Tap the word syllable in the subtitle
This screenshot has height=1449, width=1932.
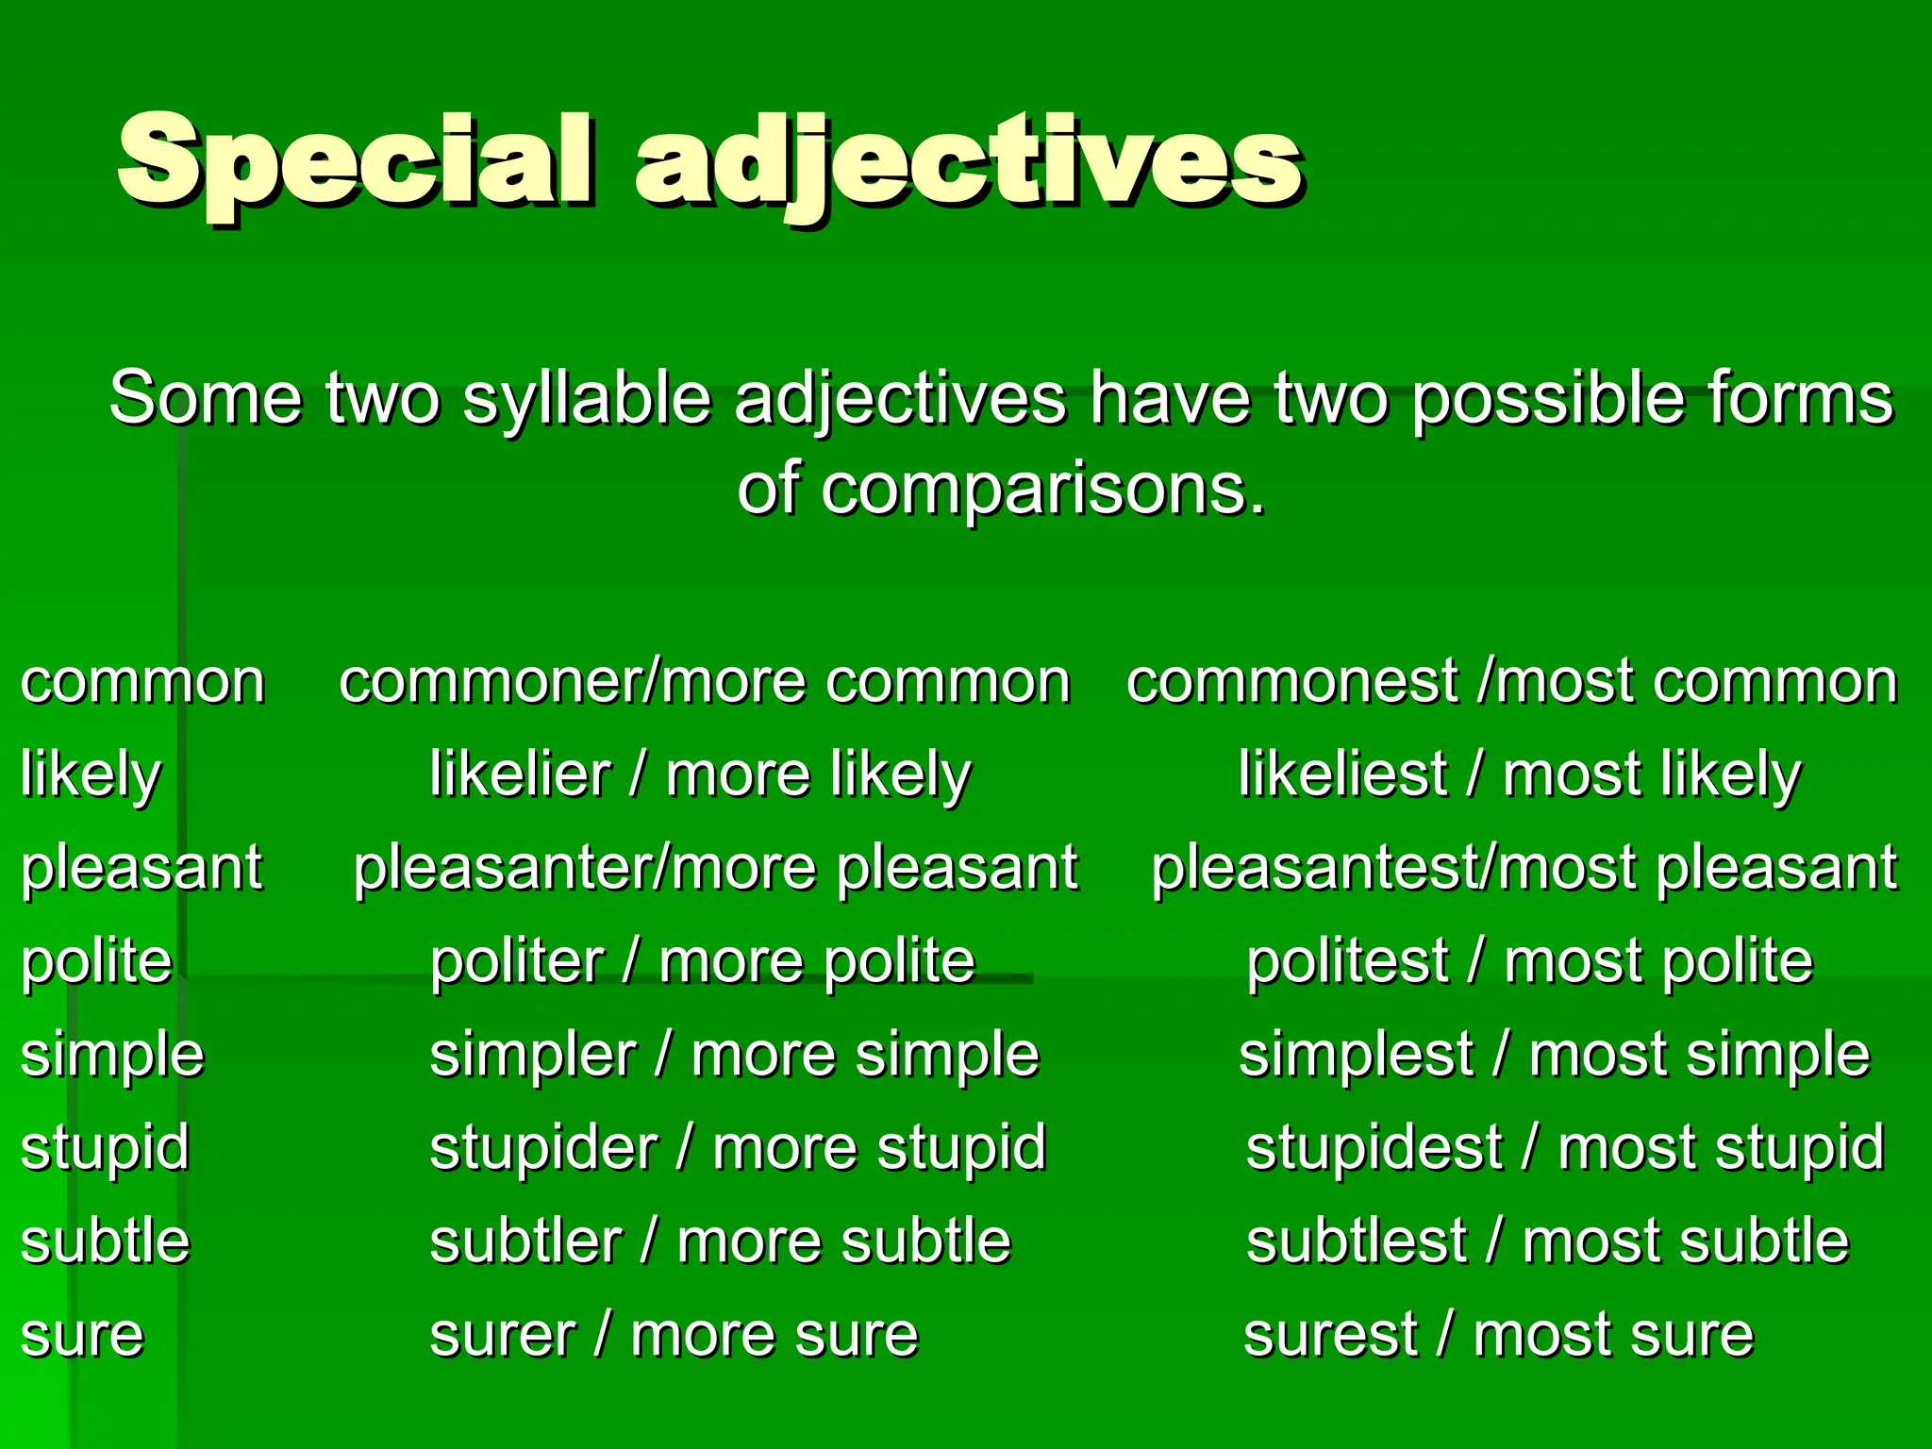pos(586,399)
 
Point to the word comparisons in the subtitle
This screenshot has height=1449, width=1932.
pos(1041,490)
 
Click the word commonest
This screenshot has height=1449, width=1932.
pos(1292,682)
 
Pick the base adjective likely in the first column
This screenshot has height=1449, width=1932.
pos(91,775)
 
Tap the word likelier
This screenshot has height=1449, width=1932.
pos(520,775)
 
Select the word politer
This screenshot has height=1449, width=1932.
pos(516,962)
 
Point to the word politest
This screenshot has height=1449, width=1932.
pos(1347,962)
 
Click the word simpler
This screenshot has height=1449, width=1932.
pos(533,1056)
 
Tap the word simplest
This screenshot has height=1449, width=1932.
pos(1356,1056)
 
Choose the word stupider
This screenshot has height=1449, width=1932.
pos(543,1149)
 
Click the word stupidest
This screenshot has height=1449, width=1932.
pos(1374,1149)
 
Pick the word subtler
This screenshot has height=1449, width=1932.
pos(525,1241)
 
